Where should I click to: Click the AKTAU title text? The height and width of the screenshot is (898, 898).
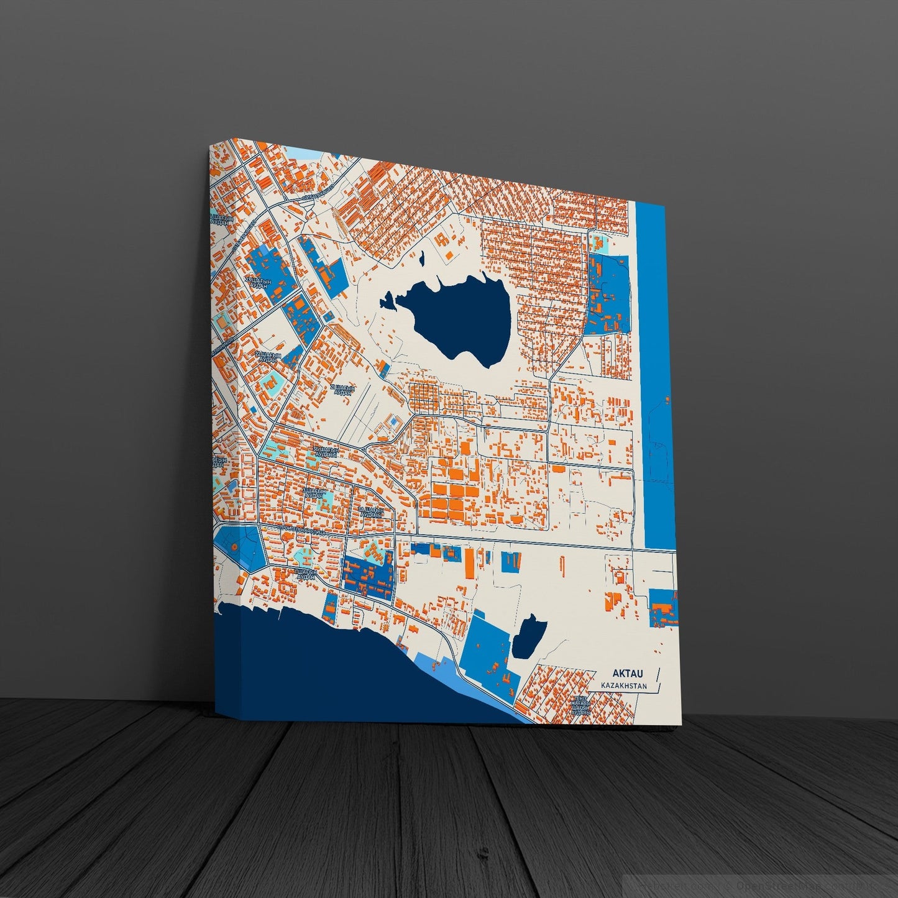(x=628, y=673)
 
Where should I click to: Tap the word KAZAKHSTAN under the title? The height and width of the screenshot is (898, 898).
(x=623, y=686)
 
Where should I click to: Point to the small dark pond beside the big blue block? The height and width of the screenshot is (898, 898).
(x=528, y=637)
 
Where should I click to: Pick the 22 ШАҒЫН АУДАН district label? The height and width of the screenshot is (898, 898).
(x=268, y=358)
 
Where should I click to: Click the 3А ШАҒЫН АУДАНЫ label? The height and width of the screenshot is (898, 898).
(x=371, y=511)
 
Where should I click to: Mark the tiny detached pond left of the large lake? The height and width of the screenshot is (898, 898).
(x=387, y=303)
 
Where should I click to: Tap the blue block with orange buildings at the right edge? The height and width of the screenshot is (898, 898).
(x=662, y=608)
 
